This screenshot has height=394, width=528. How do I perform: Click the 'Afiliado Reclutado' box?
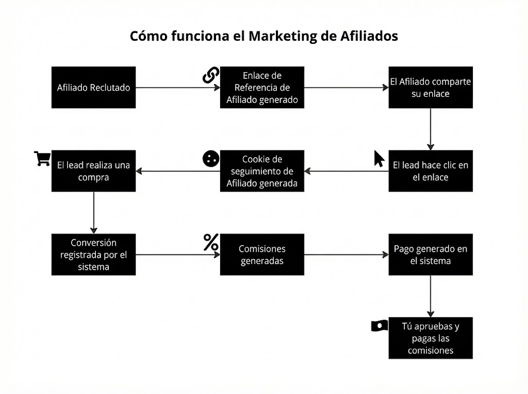[93, 88]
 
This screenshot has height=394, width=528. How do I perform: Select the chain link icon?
[210, 75]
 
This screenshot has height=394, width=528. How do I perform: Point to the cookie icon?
[210, 159]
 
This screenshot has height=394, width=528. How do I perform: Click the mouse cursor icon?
[379, 158]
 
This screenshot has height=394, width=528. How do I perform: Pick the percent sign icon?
[210, 242]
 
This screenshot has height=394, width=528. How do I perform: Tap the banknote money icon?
[379, 326]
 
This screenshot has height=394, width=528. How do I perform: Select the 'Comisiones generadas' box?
[262, 254]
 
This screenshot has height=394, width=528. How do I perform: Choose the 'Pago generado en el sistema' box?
[431, 254]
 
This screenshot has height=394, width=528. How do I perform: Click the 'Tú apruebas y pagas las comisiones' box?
[431, 338]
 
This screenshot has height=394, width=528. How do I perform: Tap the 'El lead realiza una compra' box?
[93, 171]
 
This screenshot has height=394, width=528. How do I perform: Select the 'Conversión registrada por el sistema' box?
[93, 254]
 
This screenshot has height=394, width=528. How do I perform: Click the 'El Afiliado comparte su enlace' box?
[431, 88]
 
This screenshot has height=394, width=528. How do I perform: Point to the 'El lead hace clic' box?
[431, 171]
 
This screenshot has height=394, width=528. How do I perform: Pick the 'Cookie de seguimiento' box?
[262, 171]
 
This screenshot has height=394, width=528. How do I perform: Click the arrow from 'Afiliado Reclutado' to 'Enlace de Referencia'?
[178, 88]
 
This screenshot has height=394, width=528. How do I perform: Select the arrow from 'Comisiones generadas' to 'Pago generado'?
[346, 254]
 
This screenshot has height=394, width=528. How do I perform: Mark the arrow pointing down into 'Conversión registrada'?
[93, 213]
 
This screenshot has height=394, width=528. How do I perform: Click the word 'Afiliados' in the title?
[369, 37]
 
